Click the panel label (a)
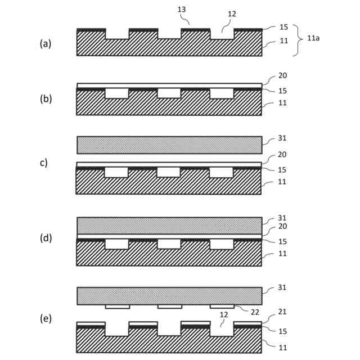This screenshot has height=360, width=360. (x=45, y=43)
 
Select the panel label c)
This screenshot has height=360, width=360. (x=43, y=163)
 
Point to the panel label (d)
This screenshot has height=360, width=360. (x=45, y=237)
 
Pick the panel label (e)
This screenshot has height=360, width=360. (x=45, y=318)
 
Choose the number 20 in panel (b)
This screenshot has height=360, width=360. (x=283, y=75)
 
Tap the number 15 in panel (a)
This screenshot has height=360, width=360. (x=283, y=27)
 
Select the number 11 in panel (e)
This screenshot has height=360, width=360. (x=283, y=348)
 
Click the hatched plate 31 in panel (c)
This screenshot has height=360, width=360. (x=169, y=145)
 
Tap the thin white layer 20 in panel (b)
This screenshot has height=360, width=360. (x=169, y=85)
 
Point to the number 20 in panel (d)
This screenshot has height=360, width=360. (x=283, y=227)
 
